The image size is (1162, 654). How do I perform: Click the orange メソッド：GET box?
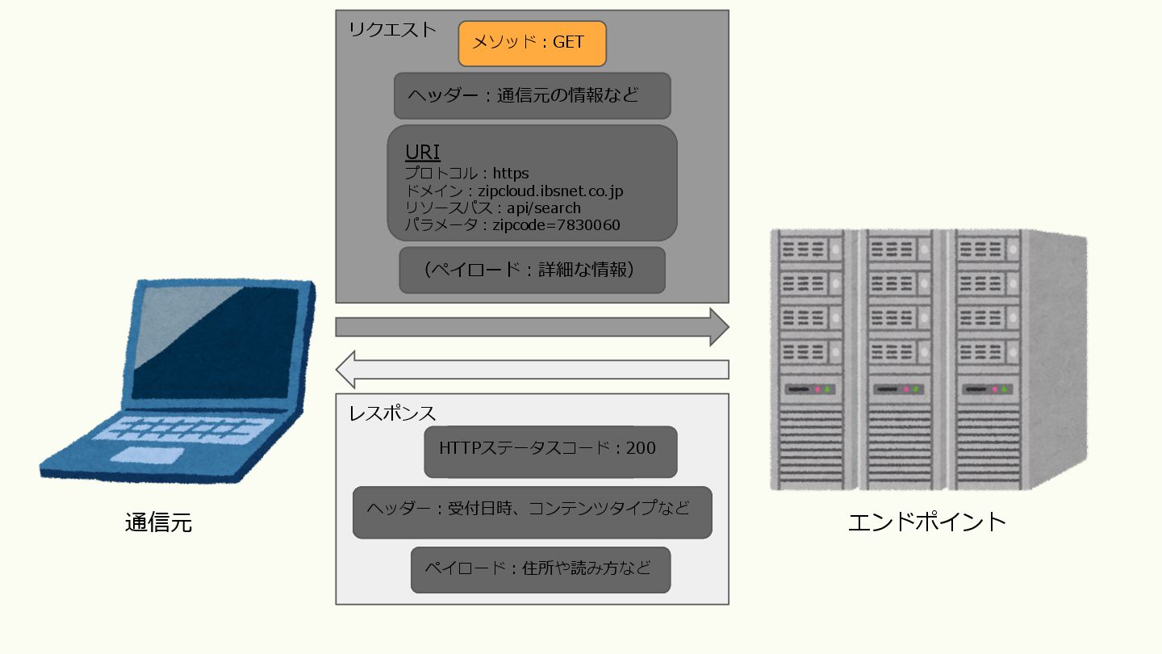(x=532, y=44)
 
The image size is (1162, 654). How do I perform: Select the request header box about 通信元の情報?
(x=532, y=96)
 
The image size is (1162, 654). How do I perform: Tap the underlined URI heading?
(x=422, y=153)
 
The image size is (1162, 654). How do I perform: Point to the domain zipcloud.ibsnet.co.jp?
(x=550, y=191)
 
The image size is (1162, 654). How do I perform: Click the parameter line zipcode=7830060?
(x=556, y=225)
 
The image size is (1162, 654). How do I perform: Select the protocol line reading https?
(x=510, y=173)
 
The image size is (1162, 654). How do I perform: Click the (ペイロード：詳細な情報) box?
(x=532, y=270)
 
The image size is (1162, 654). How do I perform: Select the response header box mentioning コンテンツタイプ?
(x=532, y=512)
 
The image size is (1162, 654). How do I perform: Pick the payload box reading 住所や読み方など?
(x=540, y=570)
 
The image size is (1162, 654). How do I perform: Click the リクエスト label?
(x=392, y=31)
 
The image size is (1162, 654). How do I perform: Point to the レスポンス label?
(x=392, y=413)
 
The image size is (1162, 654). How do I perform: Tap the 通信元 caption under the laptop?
(x=159, y=523)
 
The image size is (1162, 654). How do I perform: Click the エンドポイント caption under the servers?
(x=927, y=522)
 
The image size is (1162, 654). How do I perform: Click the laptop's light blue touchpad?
(x=147, y=455)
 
